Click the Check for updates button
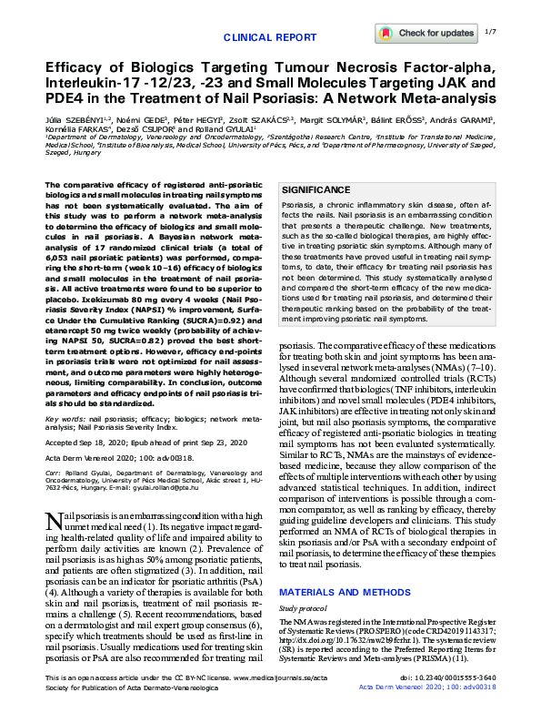point(426,33)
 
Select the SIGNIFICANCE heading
point(316,189)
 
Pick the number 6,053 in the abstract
point(57,285)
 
